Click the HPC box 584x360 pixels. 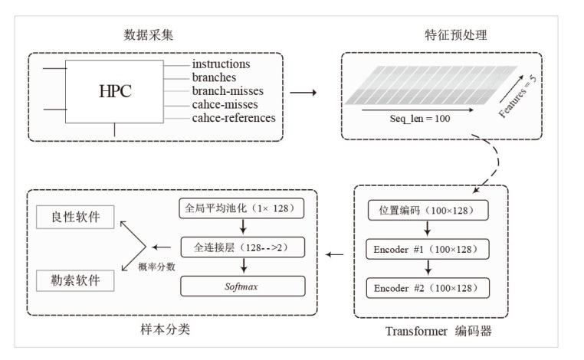pos(115,91)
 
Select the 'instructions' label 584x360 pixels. pos(221,65)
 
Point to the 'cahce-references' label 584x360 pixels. pos(234,118)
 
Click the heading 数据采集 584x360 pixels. pos(146,35)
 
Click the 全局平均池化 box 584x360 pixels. pos(242,208)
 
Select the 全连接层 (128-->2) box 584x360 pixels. pos(242,247)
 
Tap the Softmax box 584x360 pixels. pos(242,286)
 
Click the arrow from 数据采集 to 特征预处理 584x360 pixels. pos(305,94)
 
